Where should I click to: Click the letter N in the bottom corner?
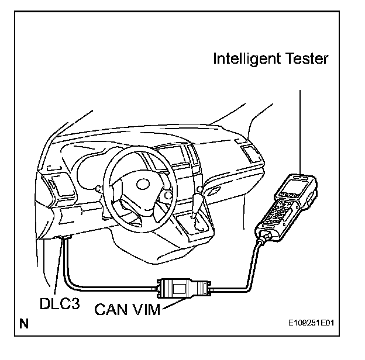[x=24, y=323]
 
